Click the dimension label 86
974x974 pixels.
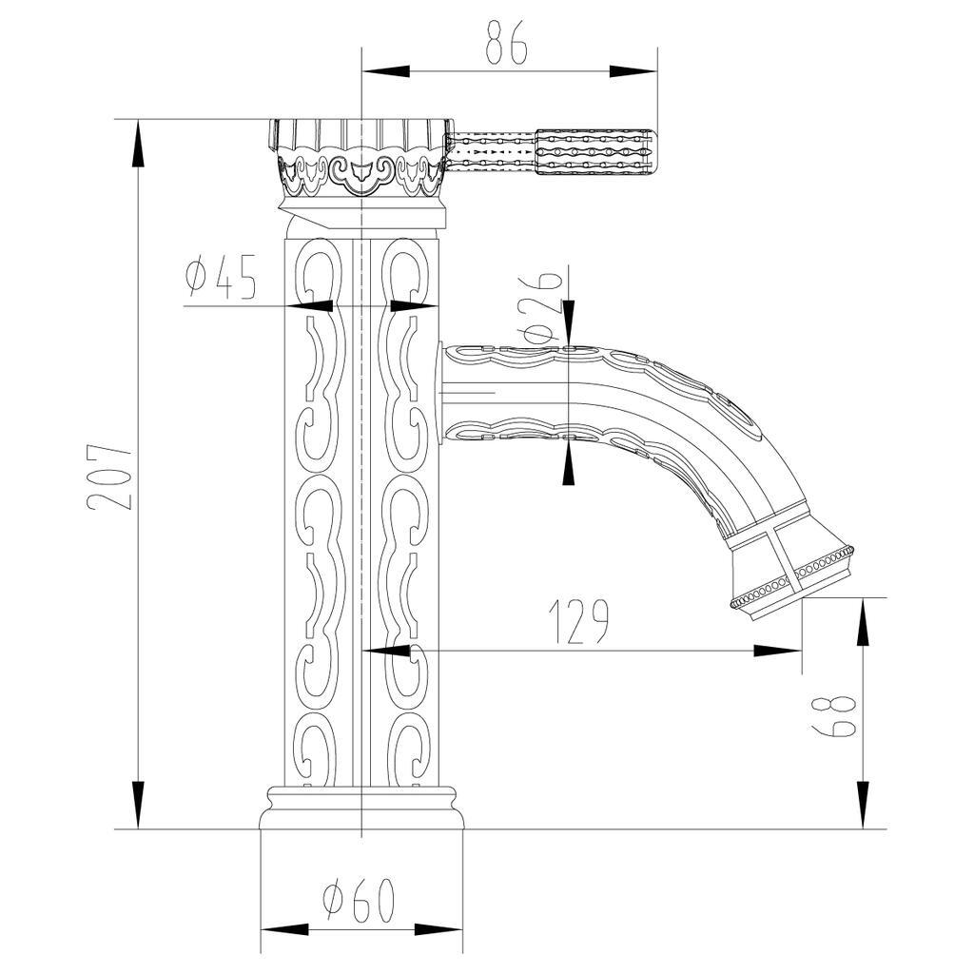tap(506, 42)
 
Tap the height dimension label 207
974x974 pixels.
tap(110, 477)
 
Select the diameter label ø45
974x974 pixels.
tap(221, 277)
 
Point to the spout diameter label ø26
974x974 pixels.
tap(542, 307)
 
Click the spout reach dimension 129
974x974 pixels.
tap(579, 622)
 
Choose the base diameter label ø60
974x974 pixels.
tap(360, 900)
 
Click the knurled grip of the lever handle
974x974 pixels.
tap(594, 152)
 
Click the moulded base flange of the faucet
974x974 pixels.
tap(361, 808)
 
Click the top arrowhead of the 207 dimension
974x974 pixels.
tap(138, 143)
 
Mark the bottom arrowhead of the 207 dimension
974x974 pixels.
tap(138, 805)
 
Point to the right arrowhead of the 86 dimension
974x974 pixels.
tap(633, 71)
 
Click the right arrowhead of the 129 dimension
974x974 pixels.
tap(778, 651)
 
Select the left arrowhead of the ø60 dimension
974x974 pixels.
tap(284, 930)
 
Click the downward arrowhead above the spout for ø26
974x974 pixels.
tap(569, 322)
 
